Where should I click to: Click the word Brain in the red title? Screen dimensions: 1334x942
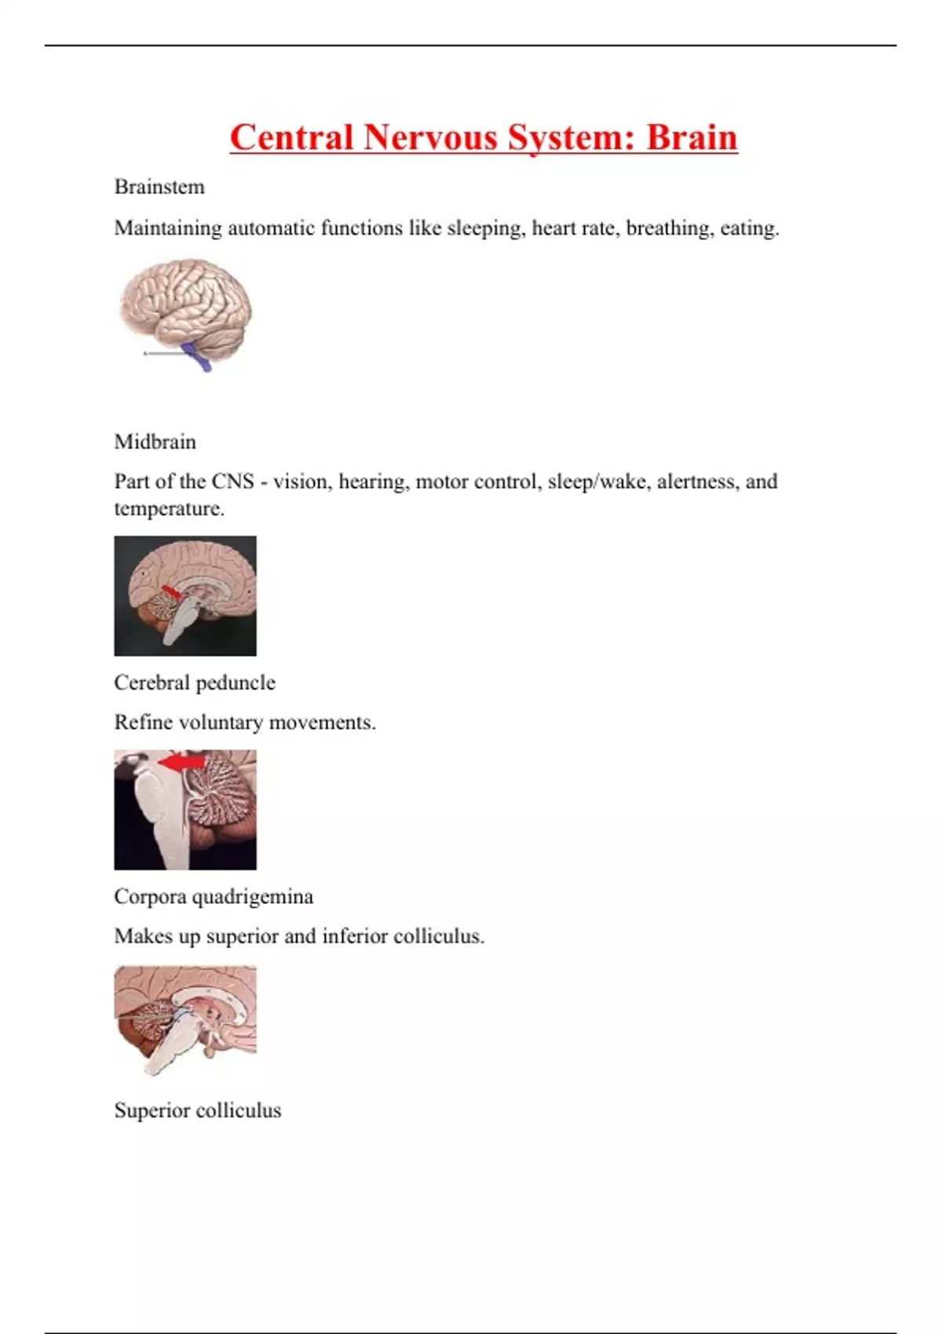point(692,137)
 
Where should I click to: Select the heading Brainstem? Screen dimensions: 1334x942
point(159,187)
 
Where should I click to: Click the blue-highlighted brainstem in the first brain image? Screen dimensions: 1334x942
point(197,355)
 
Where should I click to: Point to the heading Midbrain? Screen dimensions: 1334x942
point(155,442)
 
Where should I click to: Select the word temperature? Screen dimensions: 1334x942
point(169,508)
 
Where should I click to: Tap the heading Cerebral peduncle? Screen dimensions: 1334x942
point(195,683)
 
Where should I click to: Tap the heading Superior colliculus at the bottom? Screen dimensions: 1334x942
point(198,1110)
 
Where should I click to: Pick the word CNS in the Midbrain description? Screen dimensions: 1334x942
point(232,481)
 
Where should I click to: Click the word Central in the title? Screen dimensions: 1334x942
point(291,137)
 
